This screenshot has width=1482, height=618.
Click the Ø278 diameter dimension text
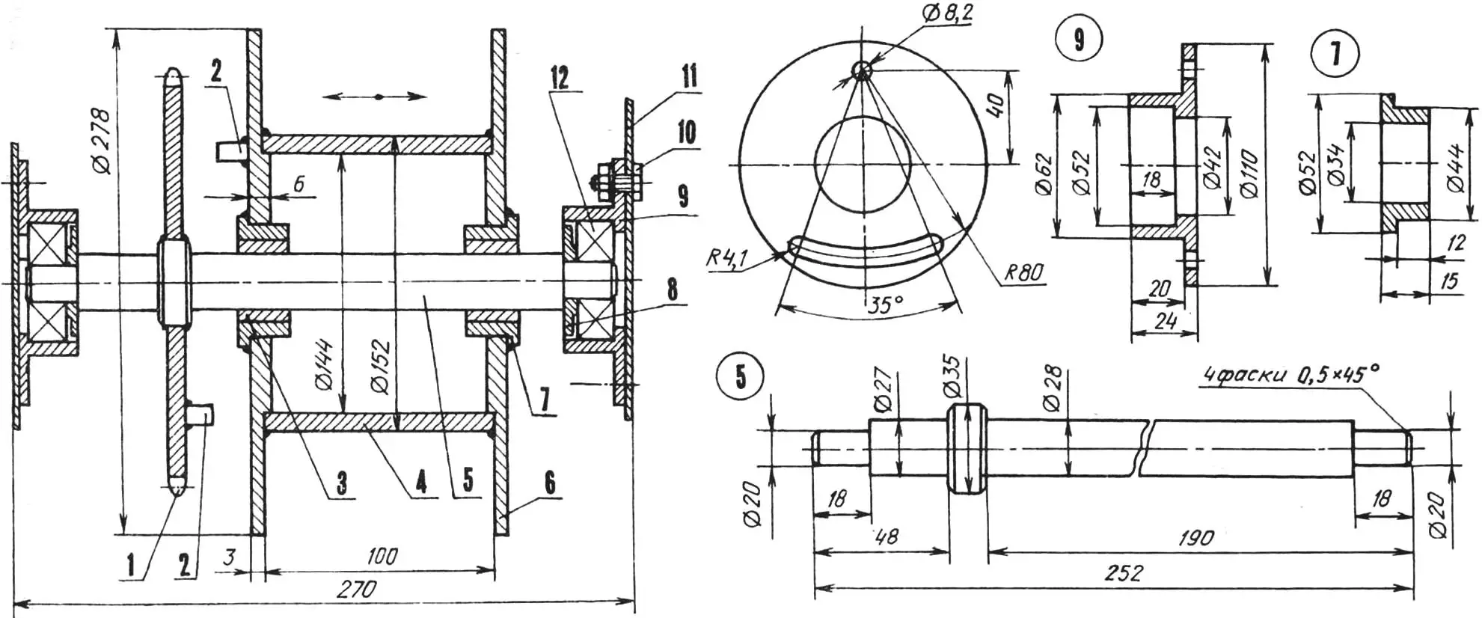(102, 141)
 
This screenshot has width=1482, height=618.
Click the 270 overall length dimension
(356, 589)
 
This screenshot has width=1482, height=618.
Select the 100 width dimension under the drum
(382, 556)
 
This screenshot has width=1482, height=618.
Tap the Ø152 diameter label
(380, 366)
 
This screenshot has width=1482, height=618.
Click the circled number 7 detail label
(1336, 54)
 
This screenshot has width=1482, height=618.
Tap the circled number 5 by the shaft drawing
(741, 376)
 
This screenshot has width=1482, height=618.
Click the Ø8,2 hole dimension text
(947, 14)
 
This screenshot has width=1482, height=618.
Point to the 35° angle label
(885, 305)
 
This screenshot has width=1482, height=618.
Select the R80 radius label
(1023, 272)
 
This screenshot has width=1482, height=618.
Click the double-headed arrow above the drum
(379, 97)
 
